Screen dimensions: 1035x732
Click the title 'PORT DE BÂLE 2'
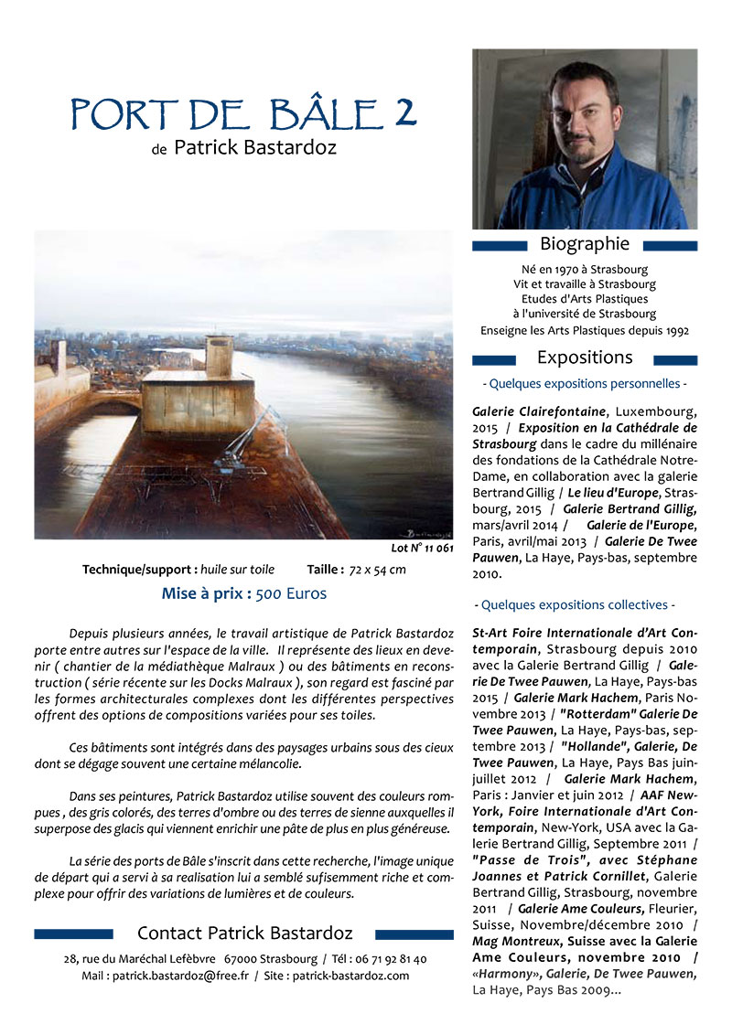243,113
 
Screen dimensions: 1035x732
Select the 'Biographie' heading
585,244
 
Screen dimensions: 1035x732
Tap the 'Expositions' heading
585,357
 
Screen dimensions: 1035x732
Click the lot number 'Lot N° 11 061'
422,549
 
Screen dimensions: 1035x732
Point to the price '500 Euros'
291,593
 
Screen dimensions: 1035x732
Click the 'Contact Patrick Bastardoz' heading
244,934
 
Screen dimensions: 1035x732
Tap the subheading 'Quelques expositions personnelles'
585,384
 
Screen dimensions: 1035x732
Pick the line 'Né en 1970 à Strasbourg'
585,270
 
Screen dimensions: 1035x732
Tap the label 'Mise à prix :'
206,593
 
